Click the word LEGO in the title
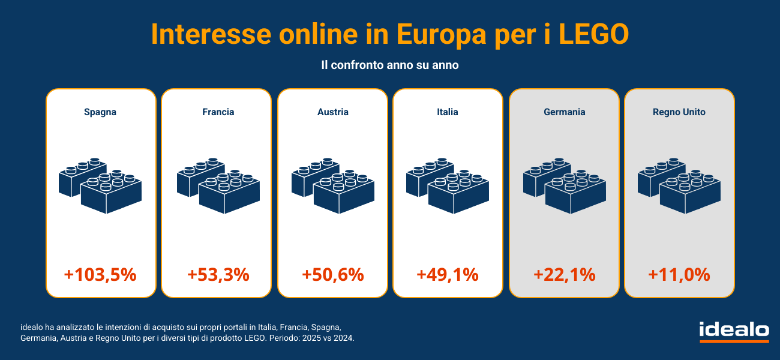pyautogui.click(x=593, y=34)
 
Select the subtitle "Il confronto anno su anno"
pyautogui.click(x=390, y=65)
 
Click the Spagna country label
pyautogui.click(x=100, y=112)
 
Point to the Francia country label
pyautogui.click(x=218, y=112)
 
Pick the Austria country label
pyautogui.click(x=333, y=112)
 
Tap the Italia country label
pyautogui.click(x=448, y=112)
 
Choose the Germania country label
pyautogui.click(x=565, y=112)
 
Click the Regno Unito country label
pyautogui.click(x=679, y=112)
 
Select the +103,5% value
pyautogui.click(x=100, y=275)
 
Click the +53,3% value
pyautogui.click(x=218, y=275)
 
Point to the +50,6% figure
pyautogui.click(x=333, y=275)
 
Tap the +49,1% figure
pyautogui.click(x=448, y=275)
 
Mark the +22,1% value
pyautogui.click(x=565, y=275)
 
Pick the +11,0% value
pyautogui.click(x=679, y=275)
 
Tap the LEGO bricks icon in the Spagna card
pyautogui.click(x=100, y=185)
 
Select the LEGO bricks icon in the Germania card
pyautogui.click(x=565, y=185)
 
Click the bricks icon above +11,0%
pyautogui.click(x=679, y=185)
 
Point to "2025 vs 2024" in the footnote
pyautogui.click(x=329, y=338)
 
